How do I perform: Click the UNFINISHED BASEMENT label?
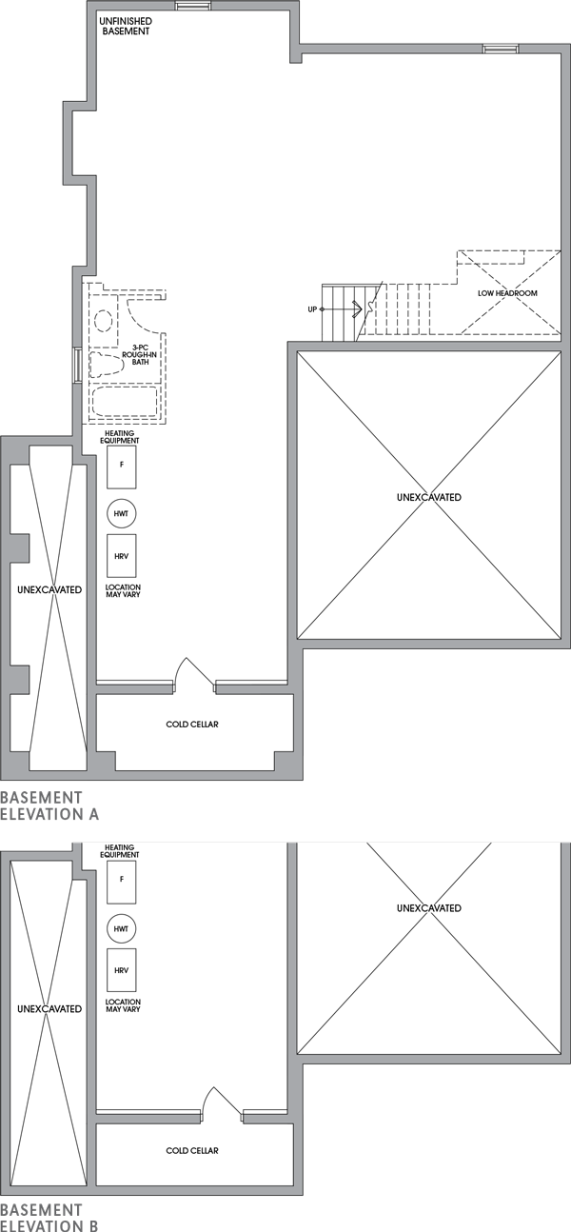point(125,26)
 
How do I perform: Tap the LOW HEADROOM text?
point(507,293)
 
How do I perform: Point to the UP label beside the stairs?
point(312,309)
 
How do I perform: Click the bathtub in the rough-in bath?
point(125,403)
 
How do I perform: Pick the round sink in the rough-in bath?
point(104,319)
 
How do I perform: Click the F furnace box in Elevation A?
point(121,466)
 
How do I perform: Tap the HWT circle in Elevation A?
point(121,513)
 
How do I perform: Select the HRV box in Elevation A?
point(121,555)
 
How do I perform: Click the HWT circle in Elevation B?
point(121,928)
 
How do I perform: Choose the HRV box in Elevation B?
point(121,970)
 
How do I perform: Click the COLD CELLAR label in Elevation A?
point(192,725)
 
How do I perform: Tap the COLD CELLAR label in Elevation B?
point(192,1151)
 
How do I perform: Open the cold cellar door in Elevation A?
point(194,672)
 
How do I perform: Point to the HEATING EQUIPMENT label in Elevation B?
point(122,851)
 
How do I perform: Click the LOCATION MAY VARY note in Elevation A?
point(123,591)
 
